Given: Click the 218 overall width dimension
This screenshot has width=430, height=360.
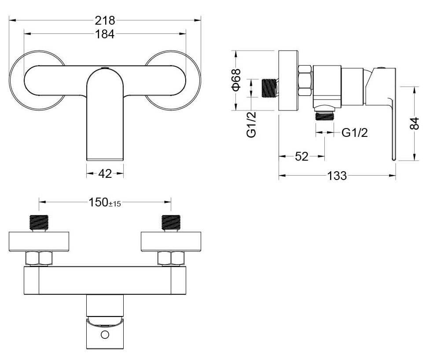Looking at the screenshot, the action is click(105, 20).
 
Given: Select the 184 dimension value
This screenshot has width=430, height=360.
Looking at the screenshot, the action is click(105, 34).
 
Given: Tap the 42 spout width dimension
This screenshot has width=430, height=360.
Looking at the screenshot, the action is click(105, 173).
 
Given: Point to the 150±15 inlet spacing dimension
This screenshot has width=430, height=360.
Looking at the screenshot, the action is click(105, 202).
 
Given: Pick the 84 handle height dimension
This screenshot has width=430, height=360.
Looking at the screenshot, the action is click(414, 123).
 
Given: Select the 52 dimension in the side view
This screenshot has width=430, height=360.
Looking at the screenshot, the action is click(301, 156).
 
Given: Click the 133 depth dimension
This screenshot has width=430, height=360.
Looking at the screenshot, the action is click(337, 176).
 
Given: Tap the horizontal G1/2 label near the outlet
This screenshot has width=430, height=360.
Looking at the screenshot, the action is click(354, 133).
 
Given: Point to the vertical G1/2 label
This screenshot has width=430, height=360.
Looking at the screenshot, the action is click(251, 125).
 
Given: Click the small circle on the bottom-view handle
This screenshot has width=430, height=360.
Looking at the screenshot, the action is click(105, 335).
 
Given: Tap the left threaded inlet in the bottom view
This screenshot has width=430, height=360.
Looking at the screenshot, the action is click(39, 222).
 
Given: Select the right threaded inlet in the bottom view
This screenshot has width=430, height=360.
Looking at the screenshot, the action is click(171, 222).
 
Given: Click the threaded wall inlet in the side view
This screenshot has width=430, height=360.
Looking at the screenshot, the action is click(269, 88).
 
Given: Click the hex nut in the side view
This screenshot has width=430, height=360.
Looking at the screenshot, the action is click(305, 81).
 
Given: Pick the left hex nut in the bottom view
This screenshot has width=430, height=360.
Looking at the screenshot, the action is click(39, 258).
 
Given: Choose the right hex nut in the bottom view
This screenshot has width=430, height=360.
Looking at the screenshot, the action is click(171, 258).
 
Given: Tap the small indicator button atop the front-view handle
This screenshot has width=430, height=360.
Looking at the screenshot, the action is click(105, 68).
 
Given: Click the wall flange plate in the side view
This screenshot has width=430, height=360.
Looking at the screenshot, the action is click(288, 81).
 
